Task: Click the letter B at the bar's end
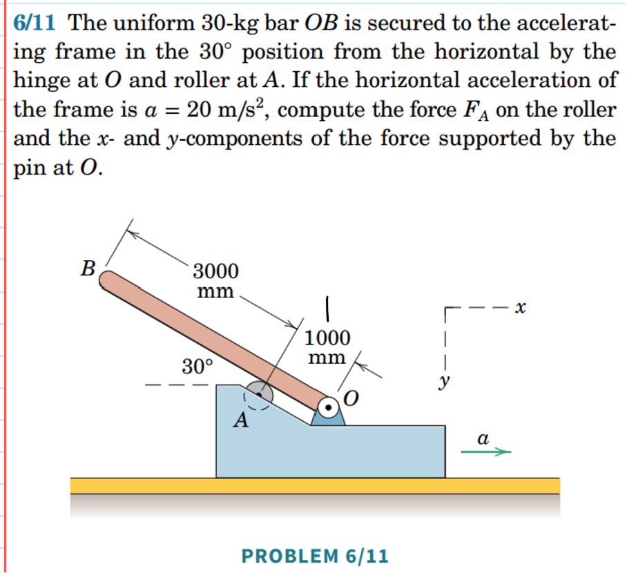tap(88, 268)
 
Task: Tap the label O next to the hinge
tap(351, 398)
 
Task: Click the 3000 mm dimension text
tap(215, 279)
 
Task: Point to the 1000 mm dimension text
tap(327, 347)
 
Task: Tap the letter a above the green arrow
tap(483, 438)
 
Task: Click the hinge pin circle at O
tap(329, 407)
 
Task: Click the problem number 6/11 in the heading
tap(37, 23)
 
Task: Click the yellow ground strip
tap(315, 485)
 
